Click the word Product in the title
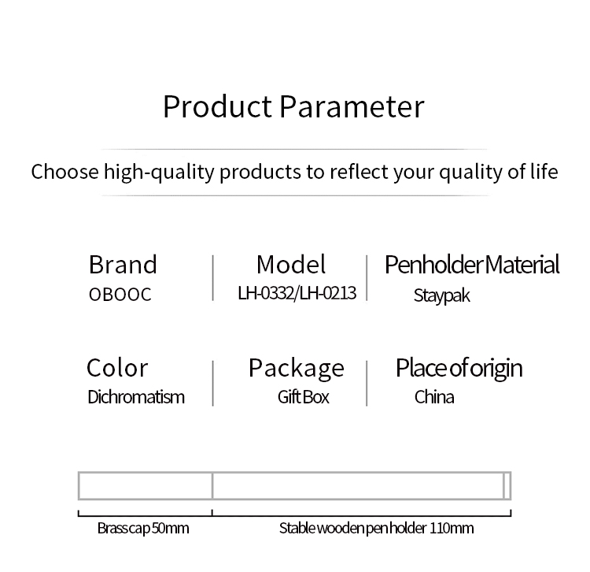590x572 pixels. pyautogui.click(x=217, y=106)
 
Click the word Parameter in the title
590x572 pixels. pyautogui.click(x=352, y=106)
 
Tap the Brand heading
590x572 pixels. pyautogui.click(x=123, y=264)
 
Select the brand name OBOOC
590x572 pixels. pyautogui.click(x=120, y=295)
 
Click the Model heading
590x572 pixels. pyautogui.click(x=291, y=264)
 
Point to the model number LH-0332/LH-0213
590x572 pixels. pyautogui.click(x=297, y=293)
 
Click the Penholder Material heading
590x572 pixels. pyautogui.click(x=472, y=264)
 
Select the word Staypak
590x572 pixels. pyautogui.click(x=442, y=295)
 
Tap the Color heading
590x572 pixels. pyautogui.click(x=117, y=368)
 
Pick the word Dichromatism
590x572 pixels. pyautogui.click(x=136, y=397)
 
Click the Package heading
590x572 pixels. pyautogui.click(x=296, y=369)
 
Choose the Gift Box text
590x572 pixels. pyautogui.click(x=304, y=397)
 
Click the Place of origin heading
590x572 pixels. pyautogui.click(x=459, y=369)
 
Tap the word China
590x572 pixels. pyautogui.click(x=434, y=397)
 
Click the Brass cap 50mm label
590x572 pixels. pyautogui.click(x=143, y=529)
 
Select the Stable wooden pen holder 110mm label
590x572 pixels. pyautogui.click(x=376, y=529)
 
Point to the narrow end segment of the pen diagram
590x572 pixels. pyautogui.click(x=507, y=485)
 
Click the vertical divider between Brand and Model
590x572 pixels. pyautogui.click(x=213, y=277)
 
